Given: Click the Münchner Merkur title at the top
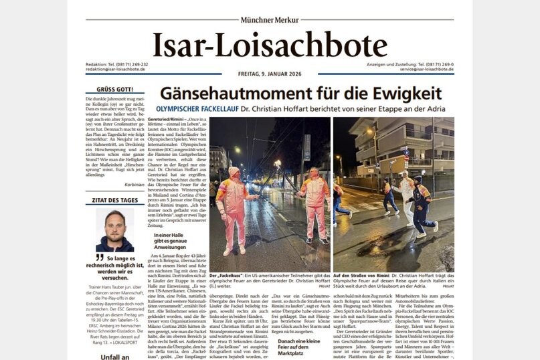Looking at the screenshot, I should tap(270, 20).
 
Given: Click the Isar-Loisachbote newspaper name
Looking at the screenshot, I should tap(270, 45).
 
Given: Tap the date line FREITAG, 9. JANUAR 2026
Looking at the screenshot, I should tap(270, 73).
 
